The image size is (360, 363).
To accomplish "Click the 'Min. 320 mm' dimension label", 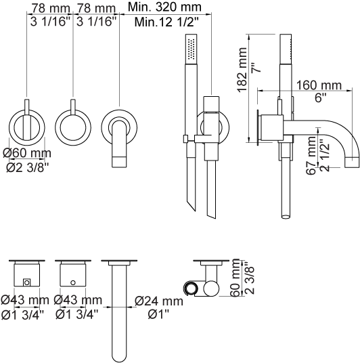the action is pos(164,7).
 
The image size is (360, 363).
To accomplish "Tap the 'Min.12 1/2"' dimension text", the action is pos(166,22).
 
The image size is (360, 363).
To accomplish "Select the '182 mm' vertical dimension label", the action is pos(242,70).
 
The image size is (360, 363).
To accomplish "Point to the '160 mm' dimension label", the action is pos(319,85).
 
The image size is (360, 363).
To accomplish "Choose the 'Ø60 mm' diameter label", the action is pos(27,153).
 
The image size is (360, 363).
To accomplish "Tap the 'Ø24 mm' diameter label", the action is pos(159,301).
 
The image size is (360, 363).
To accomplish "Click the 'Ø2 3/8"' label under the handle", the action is pos(28,168).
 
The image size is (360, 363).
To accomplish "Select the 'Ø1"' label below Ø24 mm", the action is pos(159,314).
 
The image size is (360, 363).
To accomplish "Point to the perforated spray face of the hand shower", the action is pos(191,49).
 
